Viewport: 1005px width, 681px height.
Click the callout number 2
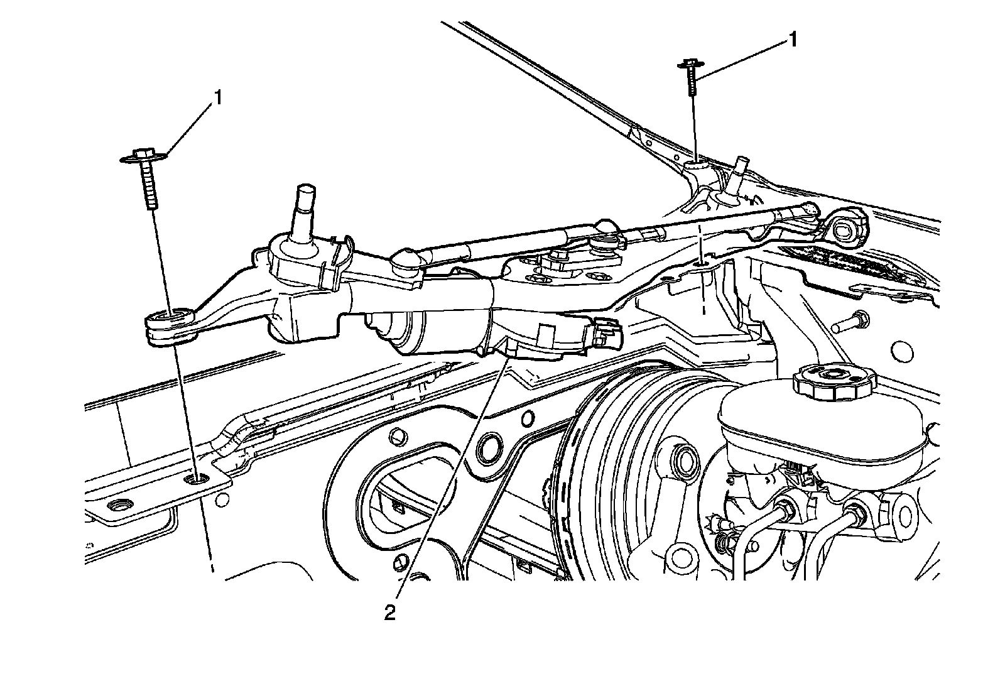tap(390, 612)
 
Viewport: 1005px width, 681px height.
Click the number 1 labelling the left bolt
tap(218, 98)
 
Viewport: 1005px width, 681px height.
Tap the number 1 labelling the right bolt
tap(793, 40)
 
